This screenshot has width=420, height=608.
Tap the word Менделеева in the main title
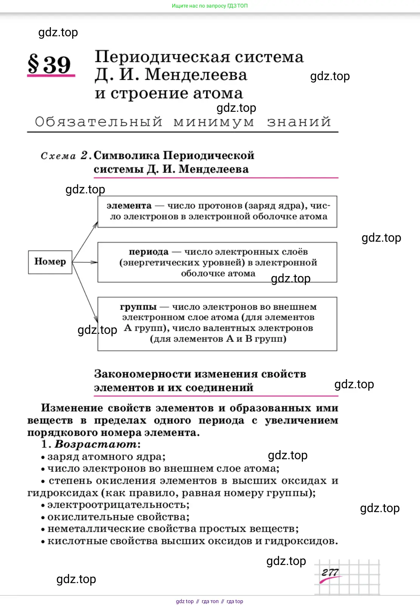click(x=196, y=75)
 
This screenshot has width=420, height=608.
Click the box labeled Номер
click(x=50, y=262)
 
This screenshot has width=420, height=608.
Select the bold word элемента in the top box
click(x=129, y=206)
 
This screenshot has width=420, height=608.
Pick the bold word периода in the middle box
click(x=148, y=252)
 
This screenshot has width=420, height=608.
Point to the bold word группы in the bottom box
click(x=138, y=307)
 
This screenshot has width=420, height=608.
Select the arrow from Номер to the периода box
click(x=85, y=262)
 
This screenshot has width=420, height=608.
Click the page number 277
click(x=330, y=573)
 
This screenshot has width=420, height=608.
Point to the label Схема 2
click(x=64, y=156)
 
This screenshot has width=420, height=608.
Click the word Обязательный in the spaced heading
click(x=99, y=122)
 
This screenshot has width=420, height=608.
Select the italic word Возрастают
click(x=96, y=444)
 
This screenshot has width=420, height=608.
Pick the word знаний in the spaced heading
click(x=299, y=122)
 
